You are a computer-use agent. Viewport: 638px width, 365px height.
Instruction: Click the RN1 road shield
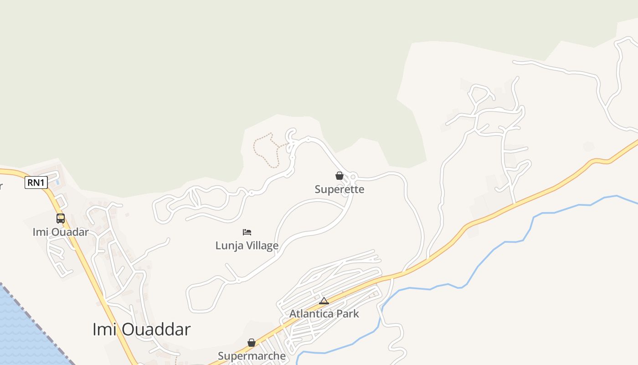[x=36, y=183]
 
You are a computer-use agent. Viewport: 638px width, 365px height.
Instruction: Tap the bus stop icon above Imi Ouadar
[x=61, y=219]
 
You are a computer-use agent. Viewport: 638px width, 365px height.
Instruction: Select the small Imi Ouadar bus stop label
[x=61, y=232]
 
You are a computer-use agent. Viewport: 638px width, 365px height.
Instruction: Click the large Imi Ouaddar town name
[x=141, y=329]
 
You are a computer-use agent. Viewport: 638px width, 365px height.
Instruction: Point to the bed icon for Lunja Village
[x=247, y=232]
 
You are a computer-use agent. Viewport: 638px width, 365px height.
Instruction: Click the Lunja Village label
[x=247, y=245]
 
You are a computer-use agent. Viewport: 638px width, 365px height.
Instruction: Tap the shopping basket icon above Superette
[x=339, y=176]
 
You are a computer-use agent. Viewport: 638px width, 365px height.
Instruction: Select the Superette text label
[x=340, y=189]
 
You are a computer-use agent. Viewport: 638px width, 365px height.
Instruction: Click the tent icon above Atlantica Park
[x=324, y=300]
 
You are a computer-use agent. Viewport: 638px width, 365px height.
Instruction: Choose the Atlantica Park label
[x=324, y=313]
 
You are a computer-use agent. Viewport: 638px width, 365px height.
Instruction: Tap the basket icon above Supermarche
[x=251, y=343]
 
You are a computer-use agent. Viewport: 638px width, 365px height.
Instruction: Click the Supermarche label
[x=252, y=356]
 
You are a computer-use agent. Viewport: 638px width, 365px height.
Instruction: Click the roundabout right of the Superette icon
[x=353, y=177]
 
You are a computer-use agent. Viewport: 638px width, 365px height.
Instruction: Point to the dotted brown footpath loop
[x=264, y=148]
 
